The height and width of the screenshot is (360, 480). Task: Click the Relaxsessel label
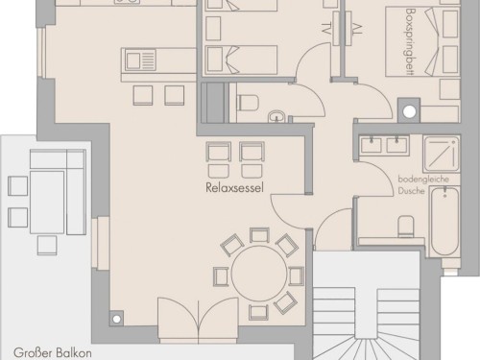[x=234, y=187]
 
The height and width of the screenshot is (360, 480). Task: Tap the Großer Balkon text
[x=53, y=353]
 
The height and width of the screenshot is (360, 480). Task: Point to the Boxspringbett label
[x=410, y=42]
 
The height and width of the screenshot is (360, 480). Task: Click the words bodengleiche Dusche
[x=423, y=185]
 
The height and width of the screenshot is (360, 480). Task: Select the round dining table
[x=259, y=274]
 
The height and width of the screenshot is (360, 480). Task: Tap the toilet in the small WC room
[x=248, y=103]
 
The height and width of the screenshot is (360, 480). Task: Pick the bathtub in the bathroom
[x=444, y=221]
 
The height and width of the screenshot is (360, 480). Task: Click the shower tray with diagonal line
[x=442, y=154]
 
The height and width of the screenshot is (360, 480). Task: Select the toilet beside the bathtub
[x=406, y=227]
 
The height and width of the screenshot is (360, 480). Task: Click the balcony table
[x=47, y=202]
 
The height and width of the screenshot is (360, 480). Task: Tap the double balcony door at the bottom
[x=199, y=320]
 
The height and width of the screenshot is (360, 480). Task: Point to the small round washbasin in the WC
[x=277, y=116]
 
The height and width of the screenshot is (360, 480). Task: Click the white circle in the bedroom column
[x=409, y=111]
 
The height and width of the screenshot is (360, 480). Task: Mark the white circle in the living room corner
[x=117, y=319]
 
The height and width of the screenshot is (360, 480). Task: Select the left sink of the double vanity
[x=372, y=144]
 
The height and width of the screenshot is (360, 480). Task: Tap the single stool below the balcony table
[x=47, y=246]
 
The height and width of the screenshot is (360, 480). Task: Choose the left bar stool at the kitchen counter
[x=143, y=95]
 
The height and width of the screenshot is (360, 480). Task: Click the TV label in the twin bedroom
[x=325, y=28]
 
